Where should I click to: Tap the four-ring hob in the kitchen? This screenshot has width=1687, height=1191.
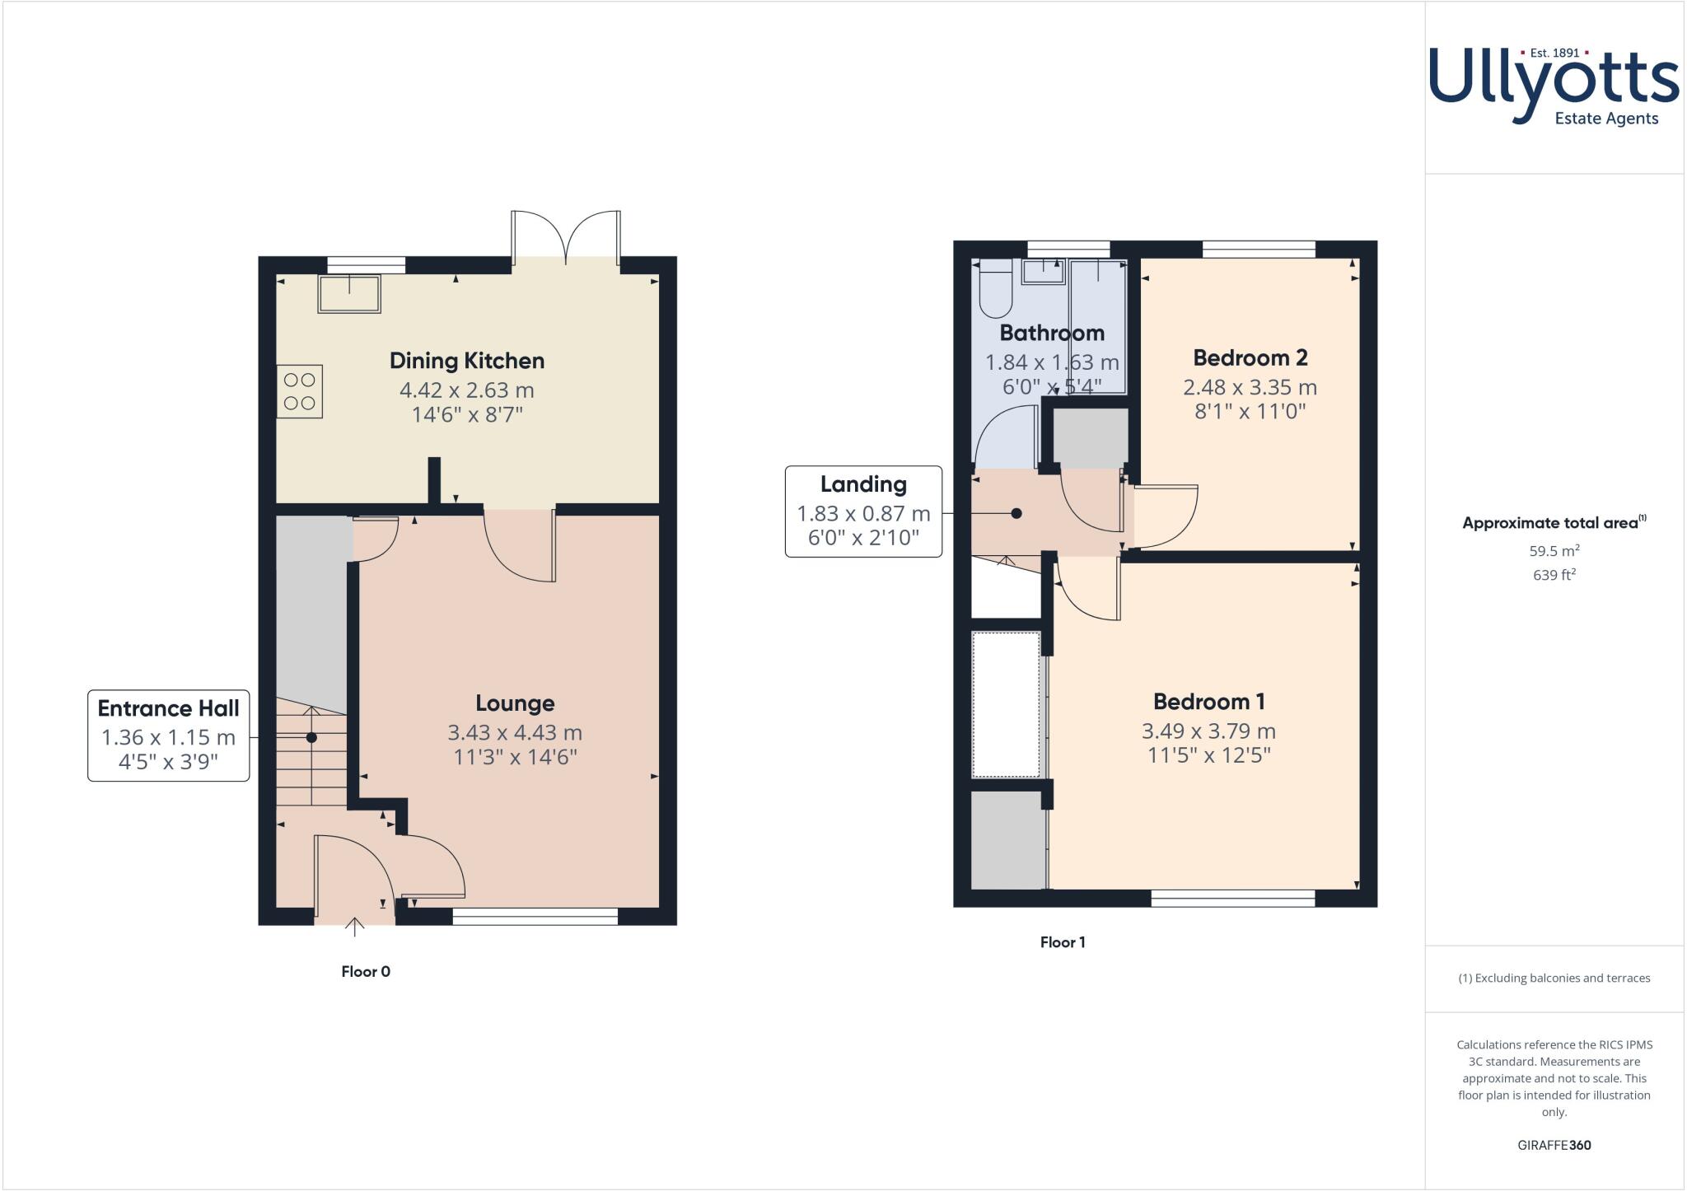300,392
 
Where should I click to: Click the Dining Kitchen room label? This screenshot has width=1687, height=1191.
467,361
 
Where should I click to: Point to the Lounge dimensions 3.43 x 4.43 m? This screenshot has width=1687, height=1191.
515,732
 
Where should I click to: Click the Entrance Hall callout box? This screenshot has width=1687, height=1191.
169,736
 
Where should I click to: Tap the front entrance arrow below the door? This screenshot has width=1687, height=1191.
354,928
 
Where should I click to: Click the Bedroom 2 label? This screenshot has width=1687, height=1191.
1250,357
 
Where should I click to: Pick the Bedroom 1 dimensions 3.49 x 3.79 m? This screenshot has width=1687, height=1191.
1208,731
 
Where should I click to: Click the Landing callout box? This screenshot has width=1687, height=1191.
863,511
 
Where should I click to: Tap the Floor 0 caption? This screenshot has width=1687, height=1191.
366,972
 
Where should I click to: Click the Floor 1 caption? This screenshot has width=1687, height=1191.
1063,942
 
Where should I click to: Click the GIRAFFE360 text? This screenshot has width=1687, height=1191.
1554,1145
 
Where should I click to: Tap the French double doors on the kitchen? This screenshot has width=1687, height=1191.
566,239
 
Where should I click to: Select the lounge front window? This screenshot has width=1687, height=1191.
535,917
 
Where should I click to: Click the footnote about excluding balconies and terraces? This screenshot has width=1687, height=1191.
1554,978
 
